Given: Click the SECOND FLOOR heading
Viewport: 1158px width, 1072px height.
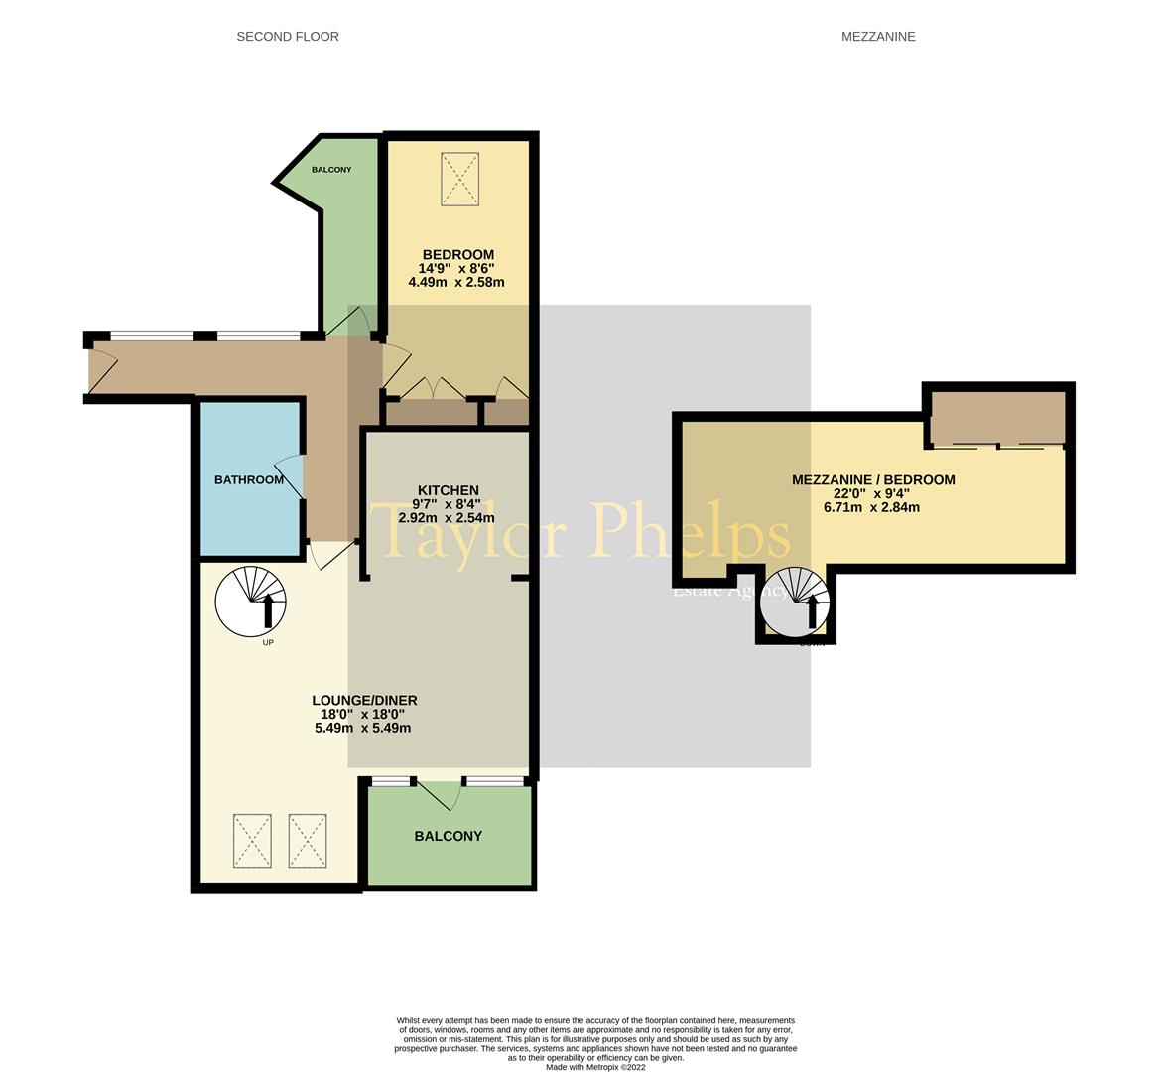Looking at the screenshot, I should [x=288, y=37].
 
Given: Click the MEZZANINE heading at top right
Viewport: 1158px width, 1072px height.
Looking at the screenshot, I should [x=877, y=37].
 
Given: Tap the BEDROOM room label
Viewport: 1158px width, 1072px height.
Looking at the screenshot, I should [x=457, y=255].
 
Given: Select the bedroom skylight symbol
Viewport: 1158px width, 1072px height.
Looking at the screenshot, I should [x=459, y=179].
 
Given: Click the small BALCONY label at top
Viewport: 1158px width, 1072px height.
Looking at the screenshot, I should [x=331, y=170].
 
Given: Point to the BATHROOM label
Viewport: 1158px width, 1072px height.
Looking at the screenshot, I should [x=249, y=480].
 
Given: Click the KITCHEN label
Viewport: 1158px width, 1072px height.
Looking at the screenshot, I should [x=449, y=490].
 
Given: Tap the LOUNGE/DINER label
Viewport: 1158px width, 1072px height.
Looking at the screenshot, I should [x=364, y=700].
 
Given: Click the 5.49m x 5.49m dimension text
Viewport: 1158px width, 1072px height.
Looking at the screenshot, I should [x=362, y=727].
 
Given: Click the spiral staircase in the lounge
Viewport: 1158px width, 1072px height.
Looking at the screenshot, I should [x=251, y=601].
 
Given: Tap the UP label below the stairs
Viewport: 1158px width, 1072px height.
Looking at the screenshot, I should [x=268, y=642].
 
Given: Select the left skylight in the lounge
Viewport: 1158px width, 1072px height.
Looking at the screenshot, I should [x=252, y=841].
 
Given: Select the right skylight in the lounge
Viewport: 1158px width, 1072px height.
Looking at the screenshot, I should [x=307, y=841].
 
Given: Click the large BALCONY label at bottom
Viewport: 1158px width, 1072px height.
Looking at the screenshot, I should [x=449, y=836].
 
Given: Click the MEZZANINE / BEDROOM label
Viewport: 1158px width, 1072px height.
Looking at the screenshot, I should [x=873, y=480].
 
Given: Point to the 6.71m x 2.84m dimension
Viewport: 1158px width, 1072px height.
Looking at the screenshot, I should [x=871, y=507].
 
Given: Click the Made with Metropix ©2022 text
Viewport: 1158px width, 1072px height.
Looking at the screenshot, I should [x=595, y=1067].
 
